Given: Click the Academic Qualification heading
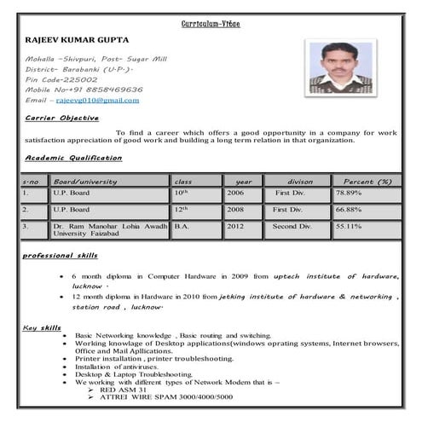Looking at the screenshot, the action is pos(73,158).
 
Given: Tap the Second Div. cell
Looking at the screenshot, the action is pos(292,226).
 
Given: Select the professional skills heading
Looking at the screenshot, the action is pos(60,256).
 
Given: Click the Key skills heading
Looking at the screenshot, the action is pos(42,327).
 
